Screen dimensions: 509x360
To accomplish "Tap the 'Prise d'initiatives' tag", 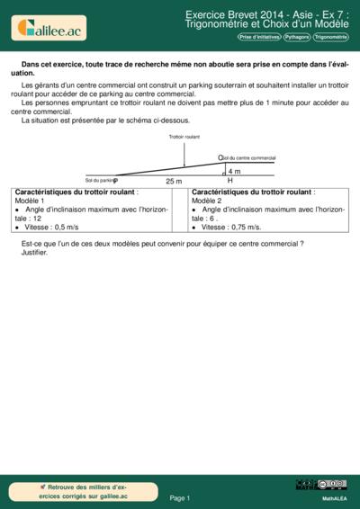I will coord(259,38).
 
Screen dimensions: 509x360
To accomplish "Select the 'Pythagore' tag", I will coord(297,38).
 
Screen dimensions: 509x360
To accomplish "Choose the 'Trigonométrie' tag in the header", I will coord(330,38).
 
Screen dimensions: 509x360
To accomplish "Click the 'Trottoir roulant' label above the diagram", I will coord(184,137).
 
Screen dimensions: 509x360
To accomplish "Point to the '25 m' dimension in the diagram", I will coord(174,181).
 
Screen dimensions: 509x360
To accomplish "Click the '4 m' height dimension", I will coord(234,171).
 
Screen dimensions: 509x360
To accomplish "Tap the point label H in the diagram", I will coord(229,181).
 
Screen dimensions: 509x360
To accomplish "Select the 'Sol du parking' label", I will coord(101,180).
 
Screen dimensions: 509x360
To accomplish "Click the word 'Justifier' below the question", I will coord(33,253).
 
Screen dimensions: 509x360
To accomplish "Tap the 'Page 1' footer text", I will coord(180,497).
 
